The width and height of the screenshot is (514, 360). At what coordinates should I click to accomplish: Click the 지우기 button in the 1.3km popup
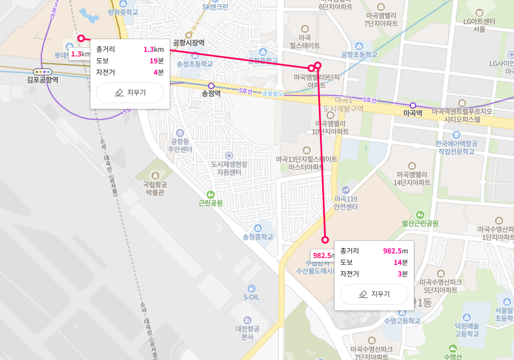(130, 92)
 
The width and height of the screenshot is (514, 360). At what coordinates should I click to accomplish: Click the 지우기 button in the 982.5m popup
(374, 294)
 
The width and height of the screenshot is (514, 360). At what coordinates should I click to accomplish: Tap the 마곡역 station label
(412, 113)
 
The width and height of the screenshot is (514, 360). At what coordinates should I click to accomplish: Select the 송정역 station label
(211, 93)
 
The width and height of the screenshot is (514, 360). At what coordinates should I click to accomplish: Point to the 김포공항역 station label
(43, 79)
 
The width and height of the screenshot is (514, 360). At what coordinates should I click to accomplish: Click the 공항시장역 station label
(189, 43)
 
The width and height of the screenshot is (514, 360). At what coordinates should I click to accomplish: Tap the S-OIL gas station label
(252, 297)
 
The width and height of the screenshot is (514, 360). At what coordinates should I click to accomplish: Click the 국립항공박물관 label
(154, 188)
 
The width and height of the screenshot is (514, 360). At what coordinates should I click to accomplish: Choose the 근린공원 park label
(211, 203)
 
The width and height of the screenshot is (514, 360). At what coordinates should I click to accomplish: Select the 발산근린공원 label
(420, 223)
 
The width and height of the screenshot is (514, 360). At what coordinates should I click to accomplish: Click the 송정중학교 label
(257, 236)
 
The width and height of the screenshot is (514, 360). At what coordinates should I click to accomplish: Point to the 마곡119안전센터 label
(346, 202)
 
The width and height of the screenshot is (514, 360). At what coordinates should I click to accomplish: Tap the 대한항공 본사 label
(248, 332)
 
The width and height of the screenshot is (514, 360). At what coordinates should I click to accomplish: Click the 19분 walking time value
(157, 60)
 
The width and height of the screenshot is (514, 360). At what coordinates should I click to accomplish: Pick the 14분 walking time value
(401, 262)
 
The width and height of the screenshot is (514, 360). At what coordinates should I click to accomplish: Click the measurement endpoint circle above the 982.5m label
(325, 240)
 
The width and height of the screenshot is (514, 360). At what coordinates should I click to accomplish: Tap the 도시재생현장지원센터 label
(229, 168)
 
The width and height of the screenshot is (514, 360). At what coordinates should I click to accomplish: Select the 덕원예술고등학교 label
(467, 329)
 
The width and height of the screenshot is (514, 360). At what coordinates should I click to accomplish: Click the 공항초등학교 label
(359, 54)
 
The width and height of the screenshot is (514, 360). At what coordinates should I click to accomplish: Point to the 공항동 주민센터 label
(180, 145)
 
